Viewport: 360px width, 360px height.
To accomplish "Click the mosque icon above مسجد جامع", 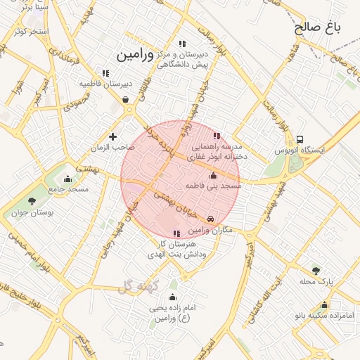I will pos(67,179).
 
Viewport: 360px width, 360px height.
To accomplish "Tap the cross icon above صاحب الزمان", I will pos(112,136).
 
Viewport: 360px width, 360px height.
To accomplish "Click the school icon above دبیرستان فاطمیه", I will pos(105,72).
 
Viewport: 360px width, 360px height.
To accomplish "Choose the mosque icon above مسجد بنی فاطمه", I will pos(214,175).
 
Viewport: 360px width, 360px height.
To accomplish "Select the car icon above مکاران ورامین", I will pos(212,219).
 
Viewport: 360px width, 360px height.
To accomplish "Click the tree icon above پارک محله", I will pos(316,270).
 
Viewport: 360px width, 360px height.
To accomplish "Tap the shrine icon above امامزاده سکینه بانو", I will pos(324,304).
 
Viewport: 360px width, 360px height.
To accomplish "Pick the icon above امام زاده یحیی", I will pos(173,297).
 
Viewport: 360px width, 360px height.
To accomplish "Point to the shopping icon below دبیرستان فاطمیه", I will pos(125,99).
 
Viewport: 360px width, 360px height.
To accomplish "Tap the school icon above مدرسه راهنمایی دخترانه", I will pos(217,135).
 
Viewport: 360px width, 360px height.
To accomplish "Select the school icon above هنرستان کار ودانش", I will pos(176,233).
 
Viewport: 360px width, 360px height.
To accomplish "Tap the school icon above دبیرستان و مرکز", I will pos(183,44).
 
